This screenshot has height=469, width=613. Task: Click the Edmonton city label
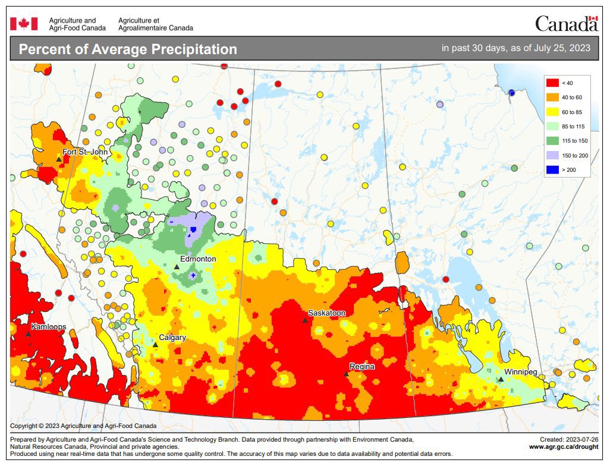point(199,259)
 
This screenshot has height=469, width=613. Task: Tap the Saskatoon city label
point(326,313)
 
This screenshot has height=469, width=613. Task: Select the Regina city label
point(361,367)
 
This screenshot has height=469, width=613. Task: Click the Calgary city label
point(172,338)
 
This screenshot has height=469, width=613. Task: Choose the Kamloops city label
point(49,327)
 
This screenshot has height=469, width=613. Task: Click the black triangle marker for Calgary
point(155,344)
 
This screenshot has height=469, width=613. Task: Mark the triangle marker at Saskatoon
point(305,320)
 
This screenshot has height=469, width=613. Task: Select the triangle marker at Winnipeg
point(501,379)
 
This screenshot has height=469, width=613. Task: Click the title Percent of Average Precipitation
point(128,49)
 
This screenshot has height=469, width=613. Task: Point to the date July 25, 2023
point(561,48)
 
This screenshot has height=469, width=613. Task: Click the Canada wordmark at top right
point(566,24)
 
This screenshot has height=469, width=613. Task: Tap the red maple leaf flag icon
point(24,23)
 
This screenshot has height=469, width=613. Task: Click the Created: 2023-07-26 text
point(568,439)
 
